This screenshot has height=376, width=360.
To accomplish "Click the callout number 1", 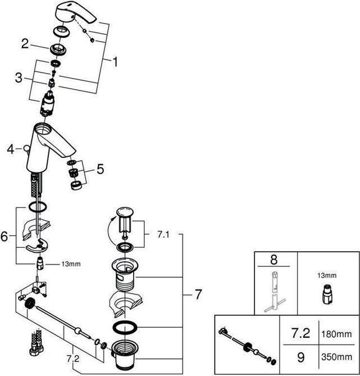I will (x=115, y=62).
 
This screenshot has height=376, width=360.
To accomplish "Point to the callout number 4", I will (x=10, y=150).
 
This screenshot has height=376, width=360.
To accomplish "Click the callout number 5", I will (x=99, y=168).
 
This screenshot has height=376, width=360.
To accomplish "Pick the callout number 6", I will (x=4, y=237).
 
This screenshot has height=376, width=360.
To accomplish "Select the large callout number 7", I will (x=198, y=293).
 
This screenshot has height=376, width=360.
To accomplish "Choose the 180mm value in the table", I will (x=337, y=334).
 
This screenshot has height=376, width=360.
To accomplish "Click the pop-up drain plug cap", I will (x=125, y=212).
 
